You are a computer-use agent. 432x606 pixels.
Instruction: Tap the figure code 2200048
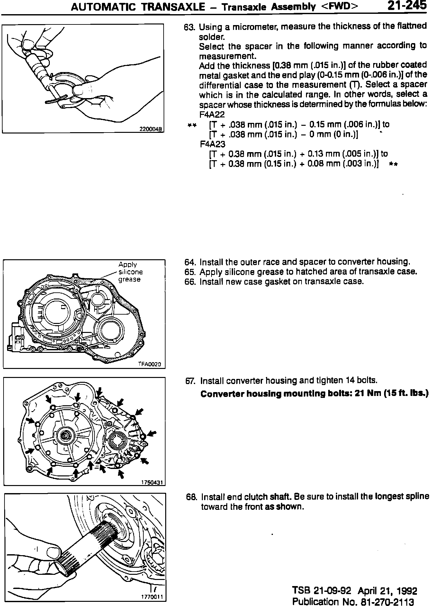(151, 129)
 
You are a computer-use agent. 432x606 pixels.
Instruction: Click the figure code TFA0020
(151, 364)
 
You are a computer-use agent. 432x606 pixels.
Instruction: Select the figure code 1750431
(152, 482)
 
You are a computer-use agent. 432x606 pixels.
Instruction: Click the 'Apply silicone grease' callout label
(130, 272)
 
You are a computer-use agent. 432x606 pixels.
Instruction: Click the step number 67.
(190, 381)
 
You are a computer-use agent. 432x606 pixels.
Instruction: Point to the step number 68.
(191, 497)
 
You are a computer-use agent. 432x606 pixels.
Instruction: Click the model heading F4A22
(212, 115)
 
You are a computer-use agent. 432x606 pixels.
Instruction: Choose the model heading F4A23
(212, 144)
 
